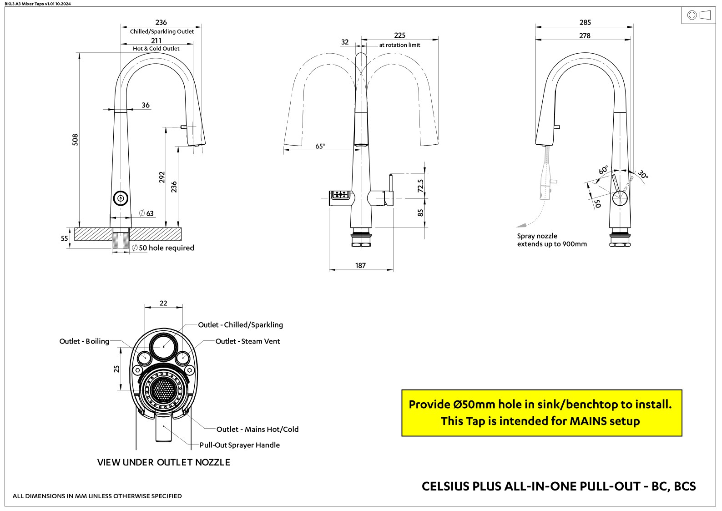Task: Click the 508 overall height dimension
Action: pyautogui.click(x=76, y=140)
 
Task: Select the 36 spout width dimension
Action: pyautogui.click(x=145, y=105)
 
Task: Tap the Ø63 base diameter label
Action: pyautogui.click(x=146, y=213)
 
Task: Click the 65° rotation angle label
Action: pyautogui.click(x=320, y=147)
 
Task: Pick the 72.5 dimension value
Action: pyautogui.click(x=420, y=186)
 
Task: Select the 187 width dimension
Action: pyautogui.click(x=360, y=266)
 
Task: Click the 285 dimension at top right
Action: pyautogui.click(x=585, y=22)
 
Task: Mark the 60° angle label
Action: pyautogui.click(x=603, y=170)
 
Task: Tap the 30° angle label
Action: pyautogui.click(x=642, y=174)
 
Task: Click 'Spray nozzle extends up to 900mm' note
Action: pyautogui.click(x=551, y=240)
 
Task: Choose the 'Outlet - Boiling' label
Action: pyautogui.click(x=84, y=341)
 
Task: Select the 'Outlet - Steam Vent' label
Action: pyautogui.click(x=247, y=341)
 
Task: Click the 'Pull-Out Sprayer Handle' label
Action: pyautogui.click(x=239, y=445)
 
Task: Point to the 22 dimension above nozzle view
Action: pyautogui.click(x=163, y=303)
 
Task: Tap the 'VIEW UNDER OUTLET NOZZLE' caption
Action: pyautogui.click(x=163, y=462)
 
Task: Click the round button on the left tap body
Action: pyautogui.click(x=121, y=198)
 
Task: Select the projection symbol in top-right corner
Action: pyautogui.click(x=698, y=15)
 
